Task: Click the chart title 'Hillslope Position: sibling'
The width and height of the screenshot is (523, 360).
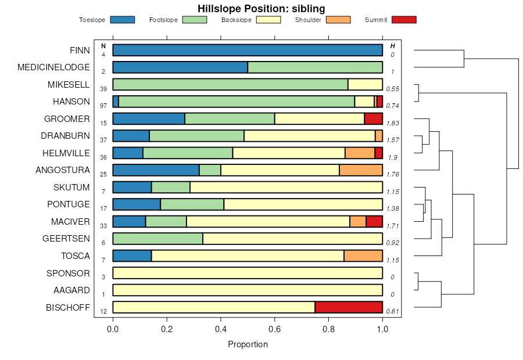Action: pos(261,8)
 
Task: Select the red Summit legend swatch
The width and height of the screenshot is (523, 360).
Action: pos(404,20)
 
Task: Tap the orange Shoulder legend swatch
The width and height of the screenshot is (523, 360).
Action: pos(338,20)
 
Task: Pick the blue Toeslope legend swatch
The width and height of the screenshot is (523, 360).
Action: pos(122,20)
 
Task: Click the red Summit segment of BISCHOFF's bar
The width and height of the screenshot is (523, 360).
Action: pos(349,307)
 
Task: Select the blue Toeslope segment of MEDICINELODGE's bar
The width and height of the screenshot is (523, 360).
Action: pos(180,67)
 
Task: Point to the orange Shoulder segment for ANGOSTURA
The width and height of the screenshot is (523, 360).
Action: pos(361,170)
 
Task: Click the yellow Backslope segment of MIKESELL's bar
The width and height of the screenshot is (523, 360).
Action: pos(365,84)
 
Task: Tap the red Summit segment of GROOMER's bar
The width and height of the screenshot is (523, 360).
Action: pos(373,118)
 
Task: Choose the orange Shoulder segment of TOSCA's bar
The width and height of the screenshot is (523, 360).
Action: pos(363,256)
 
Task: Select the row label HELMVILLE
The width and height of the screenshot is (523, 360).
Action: pos(66,153)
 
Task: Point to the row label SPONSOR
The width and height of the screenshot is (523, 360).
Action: pos(68,273)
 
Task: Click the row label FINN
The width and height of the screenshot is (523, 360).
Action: pos(80,50)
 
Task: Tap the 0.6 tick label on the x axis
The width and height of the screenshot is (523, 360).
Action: pos(274,329)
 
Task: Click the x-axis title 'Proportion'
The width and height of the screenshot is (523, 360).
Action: pos(248,344)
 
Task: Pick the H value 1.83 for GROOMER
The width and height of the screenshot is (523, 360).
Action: pos(393,124)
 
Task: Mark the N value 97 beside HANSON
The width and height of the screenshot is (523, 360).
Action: pos(103,106)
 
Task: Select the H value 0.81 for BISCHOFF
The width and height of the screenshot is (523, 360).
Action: pos(393,312)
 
